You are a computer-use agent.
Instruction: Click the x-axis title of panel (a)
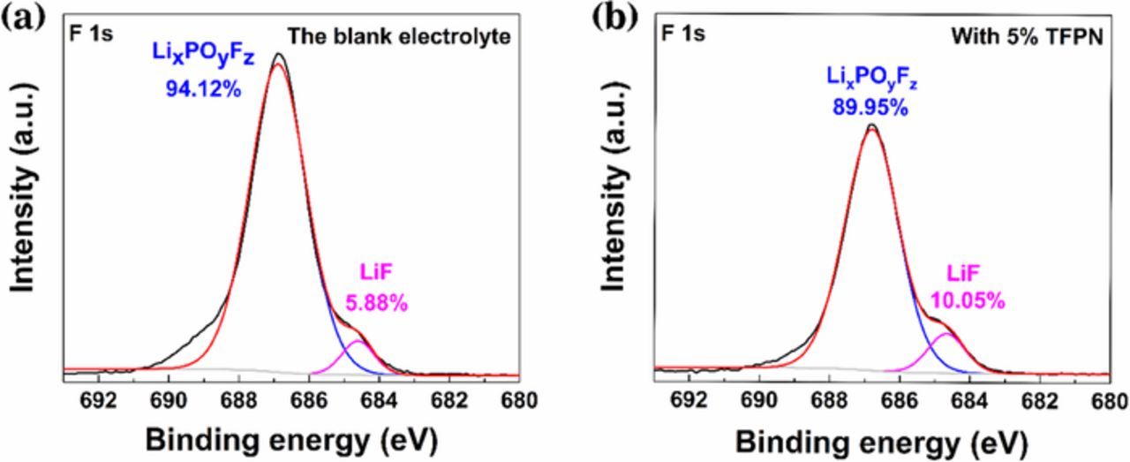coord(291,439)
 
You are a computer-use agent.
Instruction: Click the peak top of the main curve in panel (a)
coord(279,55)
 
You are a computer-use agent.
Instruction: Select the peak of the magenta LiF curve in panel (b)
coord(945,334)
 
